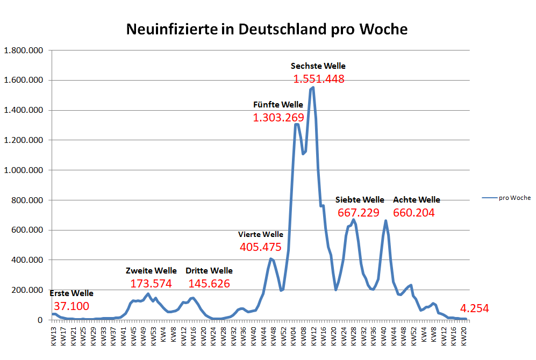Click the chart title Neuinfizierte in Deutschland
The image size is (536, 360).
click(x=267, y=29)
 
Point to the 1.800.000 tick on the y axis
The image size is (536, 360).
click(x=24, y=51)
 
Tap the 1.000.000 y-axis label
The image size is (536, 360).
click(x=24, y=170)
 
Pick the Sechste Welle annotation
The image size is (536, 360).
click(x=318, y=66)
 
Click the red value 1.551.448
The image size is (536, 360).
click(x=319, y=79)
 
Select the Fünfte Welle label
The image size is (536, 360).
click(x=278, y=104)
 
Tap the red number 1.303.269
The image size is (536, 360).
click(x=278, y=117)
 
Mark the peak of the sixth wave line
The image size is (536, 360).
click(x=313, y=87)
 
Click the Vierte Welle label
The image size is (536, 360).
click(x=261, y=234)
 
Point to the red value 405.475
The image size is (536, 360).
click(x=261, y=247)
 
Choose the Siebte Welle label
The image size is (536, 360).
click(x=360, y=200)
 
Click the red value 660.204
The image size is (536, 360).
click(x=413, y=213)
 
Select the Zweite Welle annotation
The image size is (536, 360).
click(x=151, y=270)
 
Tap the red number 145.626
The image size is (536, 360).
click(x=209, y=283)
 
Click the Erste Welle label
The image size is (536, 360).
click(x=72, y=293)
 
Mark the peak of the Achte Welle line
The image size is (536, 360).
click(x=385, y=220)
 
